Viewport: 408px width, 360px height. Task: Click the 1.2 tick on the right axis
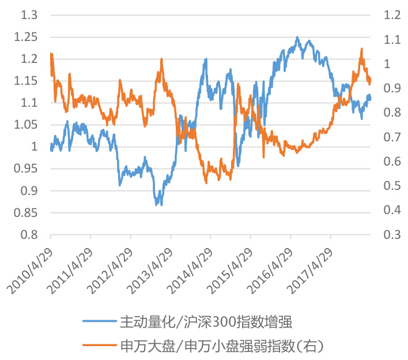388,14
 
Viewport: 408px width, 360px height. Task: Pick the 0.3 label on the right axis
388,235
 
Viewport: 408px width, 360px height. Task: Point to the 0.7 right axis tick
388,137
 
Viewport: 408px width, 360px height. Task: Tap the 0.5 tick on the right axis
388,186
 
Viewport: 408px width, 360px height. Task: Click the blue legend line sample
99,321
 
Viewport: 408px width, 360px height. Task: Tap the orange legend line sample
99,346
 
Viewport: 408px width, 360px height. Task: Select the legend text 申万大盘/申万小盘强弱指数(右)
221,346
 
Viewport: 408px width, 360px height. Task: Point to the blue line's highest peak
297,37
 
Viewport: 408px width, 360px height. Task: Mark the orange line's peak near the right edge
361,49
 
